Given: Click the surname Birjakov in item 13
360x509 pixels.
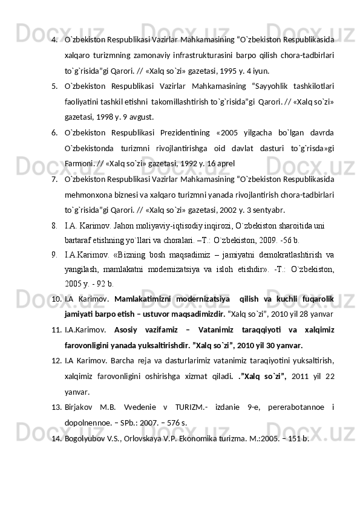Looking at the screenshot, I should (x=78, y=423).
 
